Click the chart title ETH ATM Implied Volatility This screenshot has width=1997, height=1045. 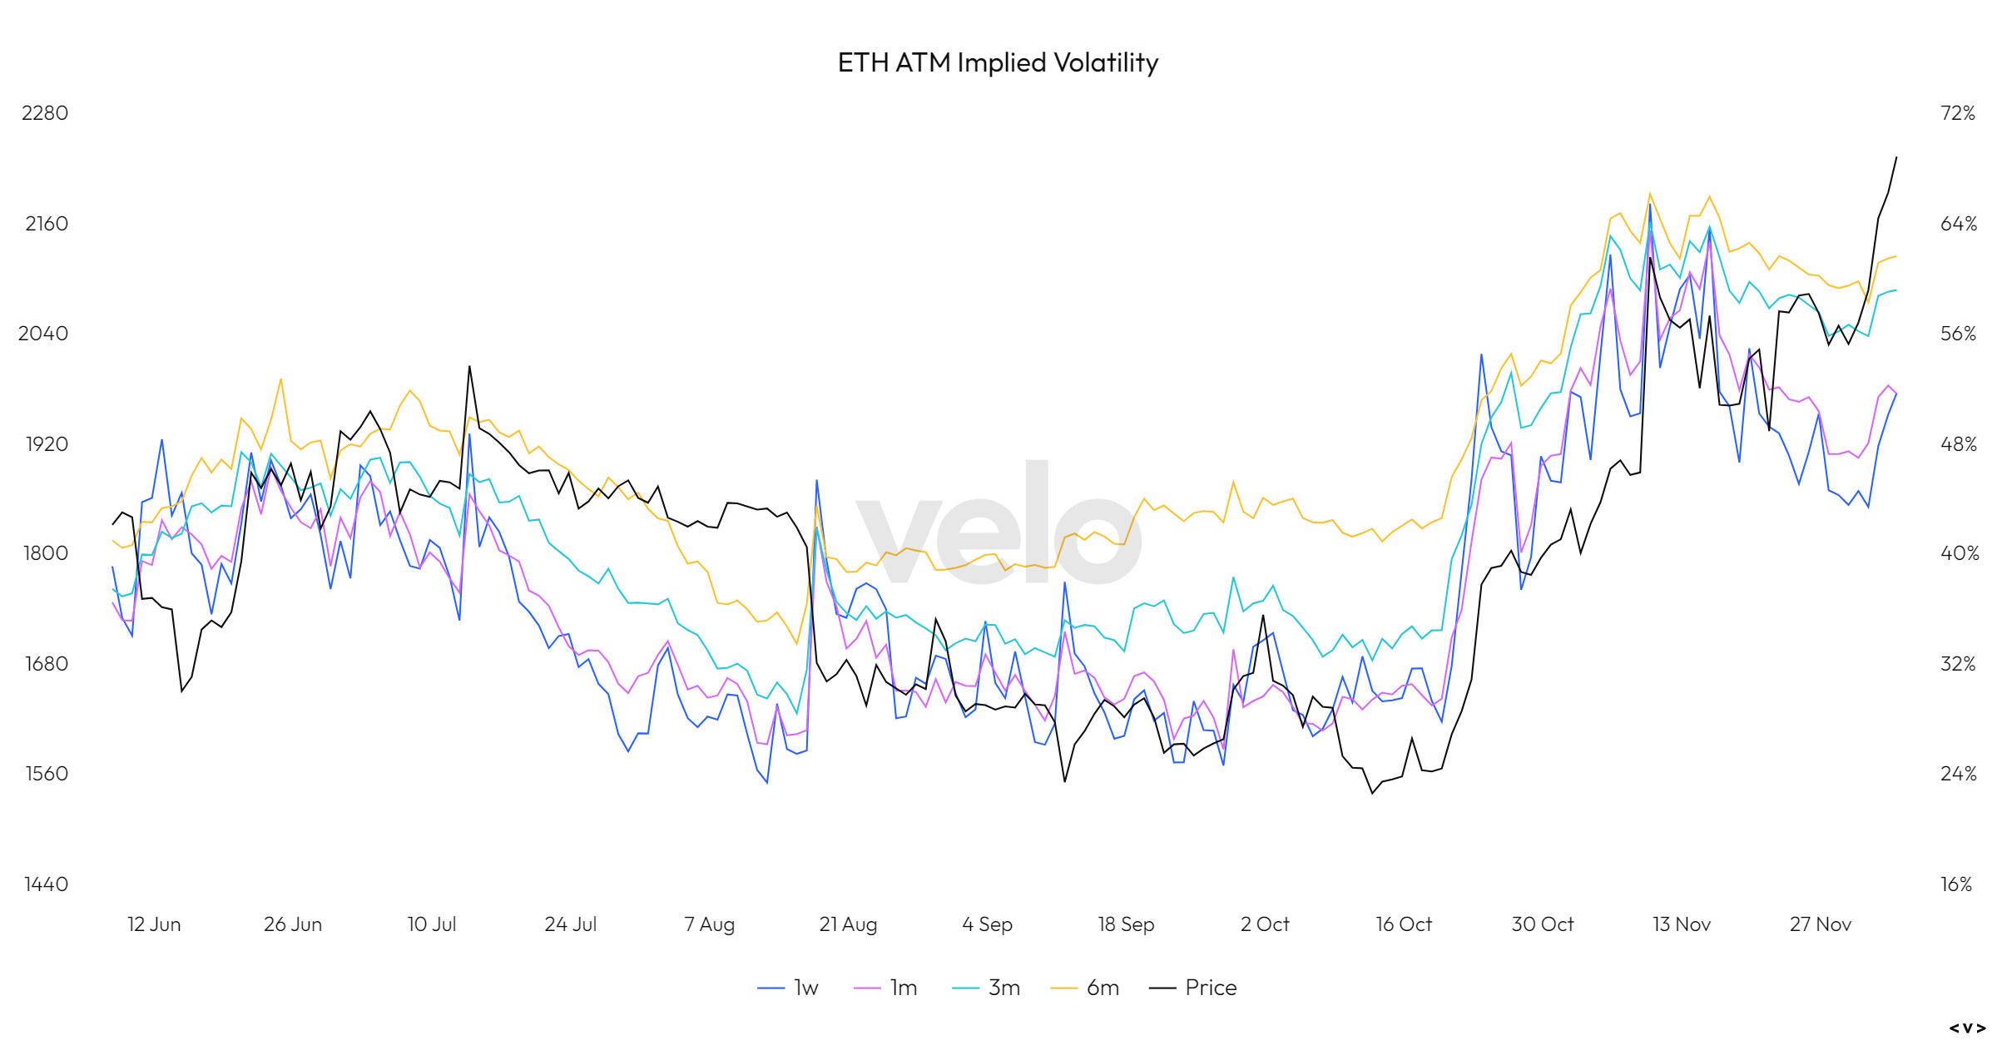(998, 62)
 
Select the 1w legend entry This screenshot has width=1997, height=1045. (789, 988)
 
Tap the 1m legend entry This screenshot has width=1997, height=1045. (886, 988)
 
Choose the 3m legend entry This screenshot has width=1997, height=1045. (987, 988)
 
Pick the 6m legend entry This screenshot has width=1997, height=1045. (1085, 988)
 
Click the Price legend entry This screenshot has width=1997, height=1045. (1193, 988)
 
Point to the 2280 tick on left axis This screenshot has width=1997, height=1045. (45, 113)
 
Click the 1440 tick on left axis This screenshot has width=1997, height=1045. (46, 884)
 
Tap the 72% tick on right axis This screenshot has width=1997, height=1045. (1957, 113)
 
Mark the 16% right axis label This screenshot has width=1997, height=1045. (1956, 884)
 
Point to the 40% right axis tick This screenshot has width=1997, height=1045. (1960, 553)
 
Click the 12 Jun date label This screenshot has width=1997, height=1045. (154, 924)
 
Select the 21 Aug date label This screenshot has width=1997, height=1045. (848, 924)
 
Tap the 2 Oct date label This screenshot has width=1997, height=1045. (1265, 924)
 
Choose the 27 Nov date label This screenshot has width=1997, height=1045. (1821, 924)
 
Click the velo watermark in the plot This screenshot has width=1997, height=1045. (998, 524)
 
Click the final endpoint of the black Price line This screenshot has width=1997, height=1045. (1896, 157)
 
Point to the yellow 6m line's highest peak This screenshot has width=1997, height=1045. (1649, 194)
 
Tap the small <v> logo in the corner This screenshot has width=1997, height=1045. (1967, 1028)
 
